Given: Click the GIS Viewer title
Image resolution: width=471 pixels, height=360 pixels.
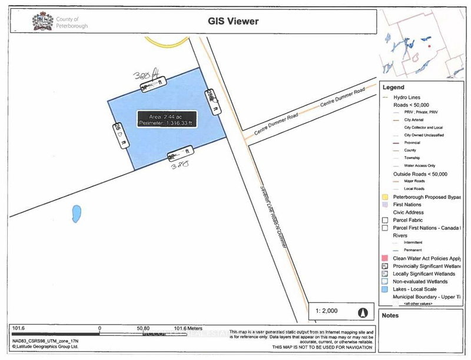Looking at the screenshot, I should pyautogui.click(x=233, y=22).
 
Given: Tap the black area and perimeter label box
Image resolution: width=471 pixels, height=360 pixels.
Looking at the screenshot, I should pyautogui.click(x=166, y=118).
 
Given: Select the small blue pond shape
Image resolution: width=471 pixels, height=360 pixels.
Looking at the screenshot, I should pyautogui.click(x=76, y=214).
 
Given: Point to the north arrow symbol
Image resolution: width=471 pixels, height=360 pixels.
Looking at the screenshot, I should pyautogui.click(x=363, y=312).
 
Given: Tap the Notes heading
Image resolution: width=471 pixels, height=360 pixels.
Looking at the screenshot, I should pyautogui.click(x=390, y=315).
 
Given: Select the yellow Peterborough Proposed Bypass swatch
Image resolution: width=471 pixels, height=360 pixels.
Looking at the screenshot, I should pyautogui.click(x=385, y=196).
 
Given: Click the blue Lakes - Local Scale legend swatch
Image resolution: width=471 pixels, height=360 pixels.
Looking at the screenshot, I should pyautogui.click(x=385, y=290).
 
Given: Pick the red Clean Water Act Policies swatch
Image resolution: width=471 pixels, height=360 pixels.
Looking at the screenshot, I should pyautogui.click(x=385, y=258).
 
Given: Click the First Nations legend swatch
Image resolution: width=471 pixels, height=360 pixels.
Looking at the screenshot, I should pyautogui.click(x=385, y=204).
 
